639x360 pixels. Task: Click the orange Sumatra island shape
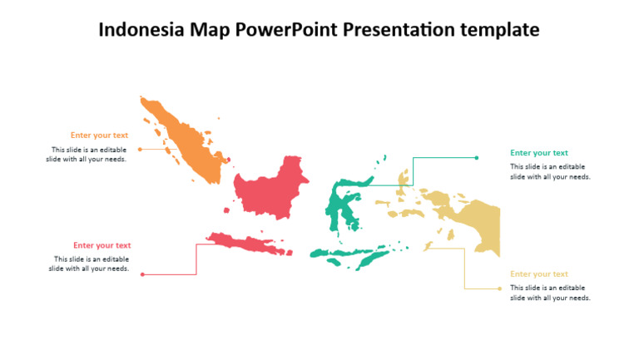click(x=187, y=141)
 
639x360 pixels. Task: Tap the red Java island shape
click(x=245, y=243)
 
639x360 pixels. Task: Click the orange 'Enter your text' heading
click(x=99, y=136)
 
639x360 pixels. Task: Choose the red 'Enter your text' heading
click(x=102, y=245)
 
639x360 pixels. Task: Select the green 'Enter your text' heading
click(x=539, y=153)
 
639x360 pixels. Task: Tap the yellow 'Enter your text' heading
click(x=539, y=274)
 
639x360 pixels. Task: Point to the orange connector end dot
click(x=140, y=150)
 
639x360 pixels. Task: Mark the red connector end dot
click(x=142, y=274)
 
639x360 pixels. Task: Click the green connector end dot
click(x=477, y=157)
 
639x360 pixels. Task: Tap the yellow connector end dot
click(x=500, y=288)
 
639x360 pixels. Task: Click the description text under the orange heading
click(x=87, y=155)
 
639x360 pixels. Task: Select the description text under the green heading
click(x=550, y=171)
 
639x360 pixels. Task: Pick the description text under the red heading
click(x=90, y=264)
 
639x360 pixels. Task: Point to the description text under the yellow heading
click(x=550, y=293)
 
